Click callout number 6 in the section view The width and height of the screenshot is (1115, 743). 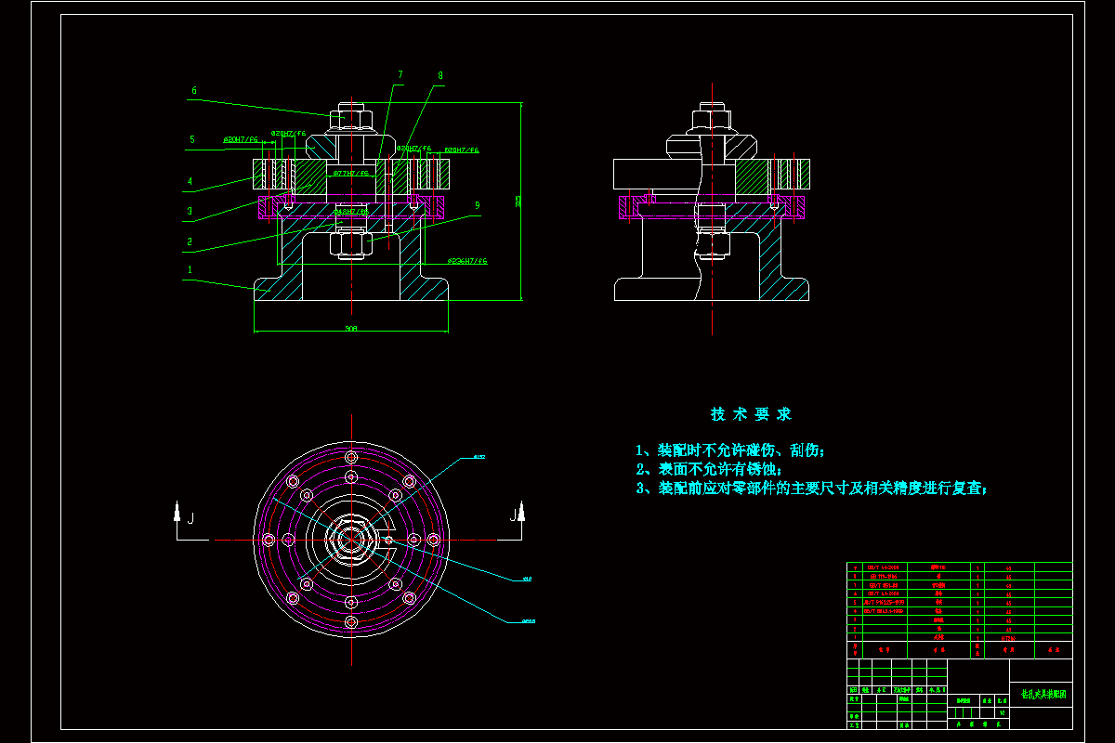click(x=194, y=91)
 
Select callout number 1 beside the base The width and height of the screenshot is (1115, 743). click(x=190, y=270)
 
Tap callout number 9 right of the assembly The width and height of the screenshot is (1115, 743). click(x=477, y=205)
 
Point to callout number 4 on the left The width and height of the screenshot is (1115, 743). click(x=190, y=182)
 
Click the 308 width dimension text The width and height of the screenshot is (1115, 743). click(x=350, y=328)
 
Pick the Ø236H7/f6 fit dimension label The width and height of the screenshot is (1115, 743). click(x=466, y=262)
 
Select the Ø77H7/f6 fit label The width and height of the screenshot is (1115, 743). click(x=350, y=173)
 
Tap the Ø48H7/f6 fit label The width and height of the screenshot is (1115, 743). click(x=350, y=212)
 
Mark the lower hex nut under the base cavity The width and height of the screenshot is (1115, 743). click(x=351, y=244)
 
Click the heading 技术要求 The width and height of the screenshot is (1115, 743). click(x=751, y=414)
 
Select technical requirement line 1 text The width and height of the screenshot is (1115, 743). click(x=729, y=450)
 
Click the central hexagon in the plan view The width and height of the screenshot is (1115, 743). click(x=351, y=540)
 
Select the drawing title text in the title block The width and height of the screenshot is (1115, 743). click(x=1043, y=694)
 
